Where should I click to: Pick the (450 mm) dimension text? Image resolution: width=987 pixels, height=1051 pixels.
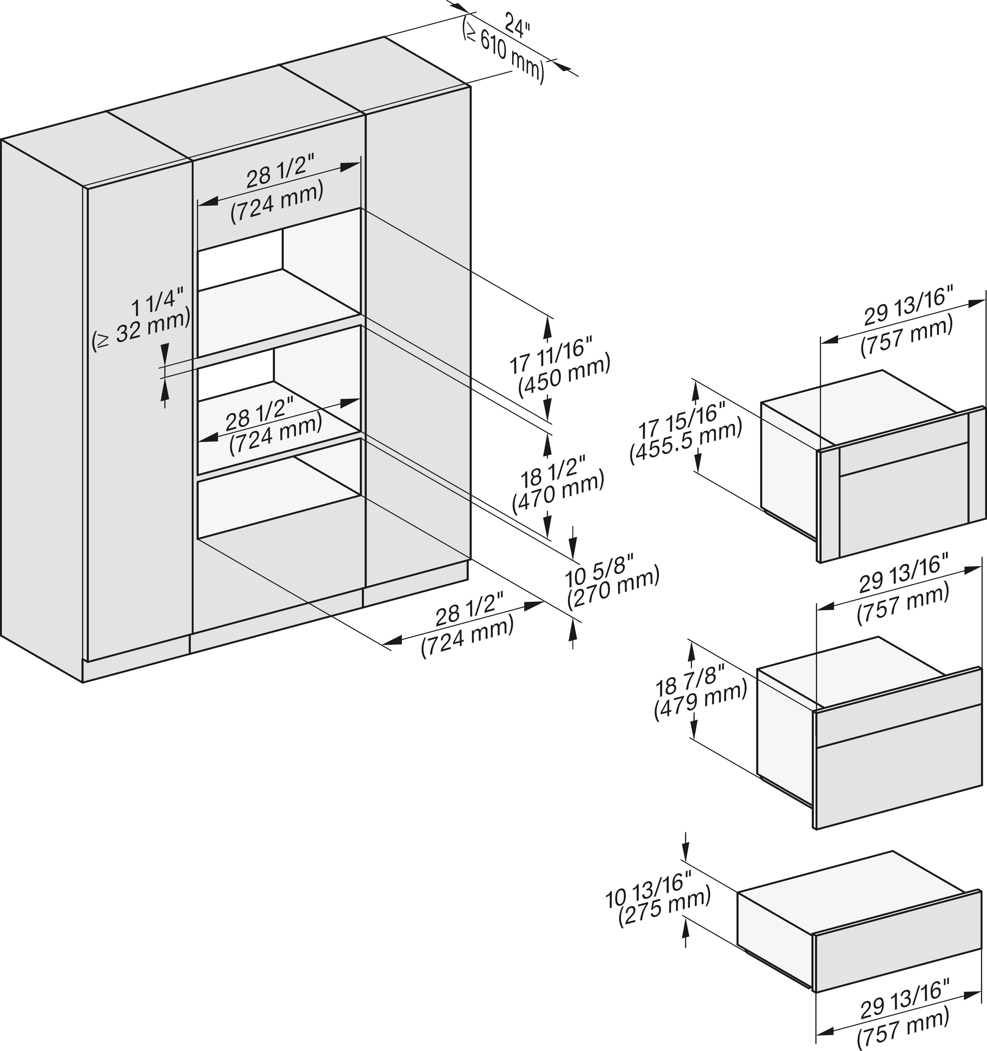point(564,375)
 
